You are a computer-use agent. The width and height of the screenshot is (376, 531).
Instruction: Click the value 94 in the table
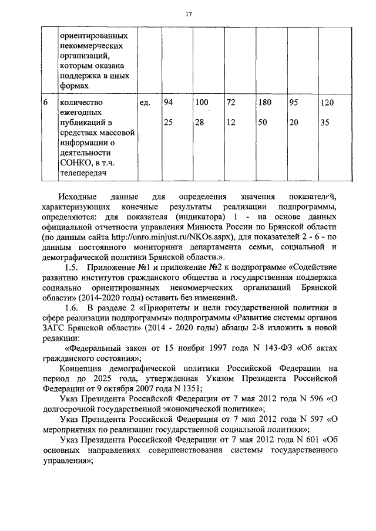click(x=168, y=103)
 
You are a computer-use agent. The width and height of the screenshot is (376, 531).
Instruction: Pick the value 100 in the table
click(x=202, y=103)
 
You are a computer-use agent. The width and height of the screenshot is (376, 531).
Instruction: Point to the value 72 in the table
click(x=231, y=103)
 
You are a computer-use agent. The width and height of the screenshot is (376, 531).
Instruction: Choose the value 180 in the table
click(x=264, y=103)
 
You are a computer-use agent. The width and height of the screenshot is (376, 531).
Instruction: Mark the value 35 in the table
click(x=325, y=123)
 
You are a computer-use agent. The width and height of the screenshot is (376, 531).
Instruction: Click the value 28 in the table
click(x=200, y=123)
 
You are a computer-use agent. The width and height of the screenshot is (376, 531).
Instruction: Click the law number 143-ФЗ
click(x=271, y=347)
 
